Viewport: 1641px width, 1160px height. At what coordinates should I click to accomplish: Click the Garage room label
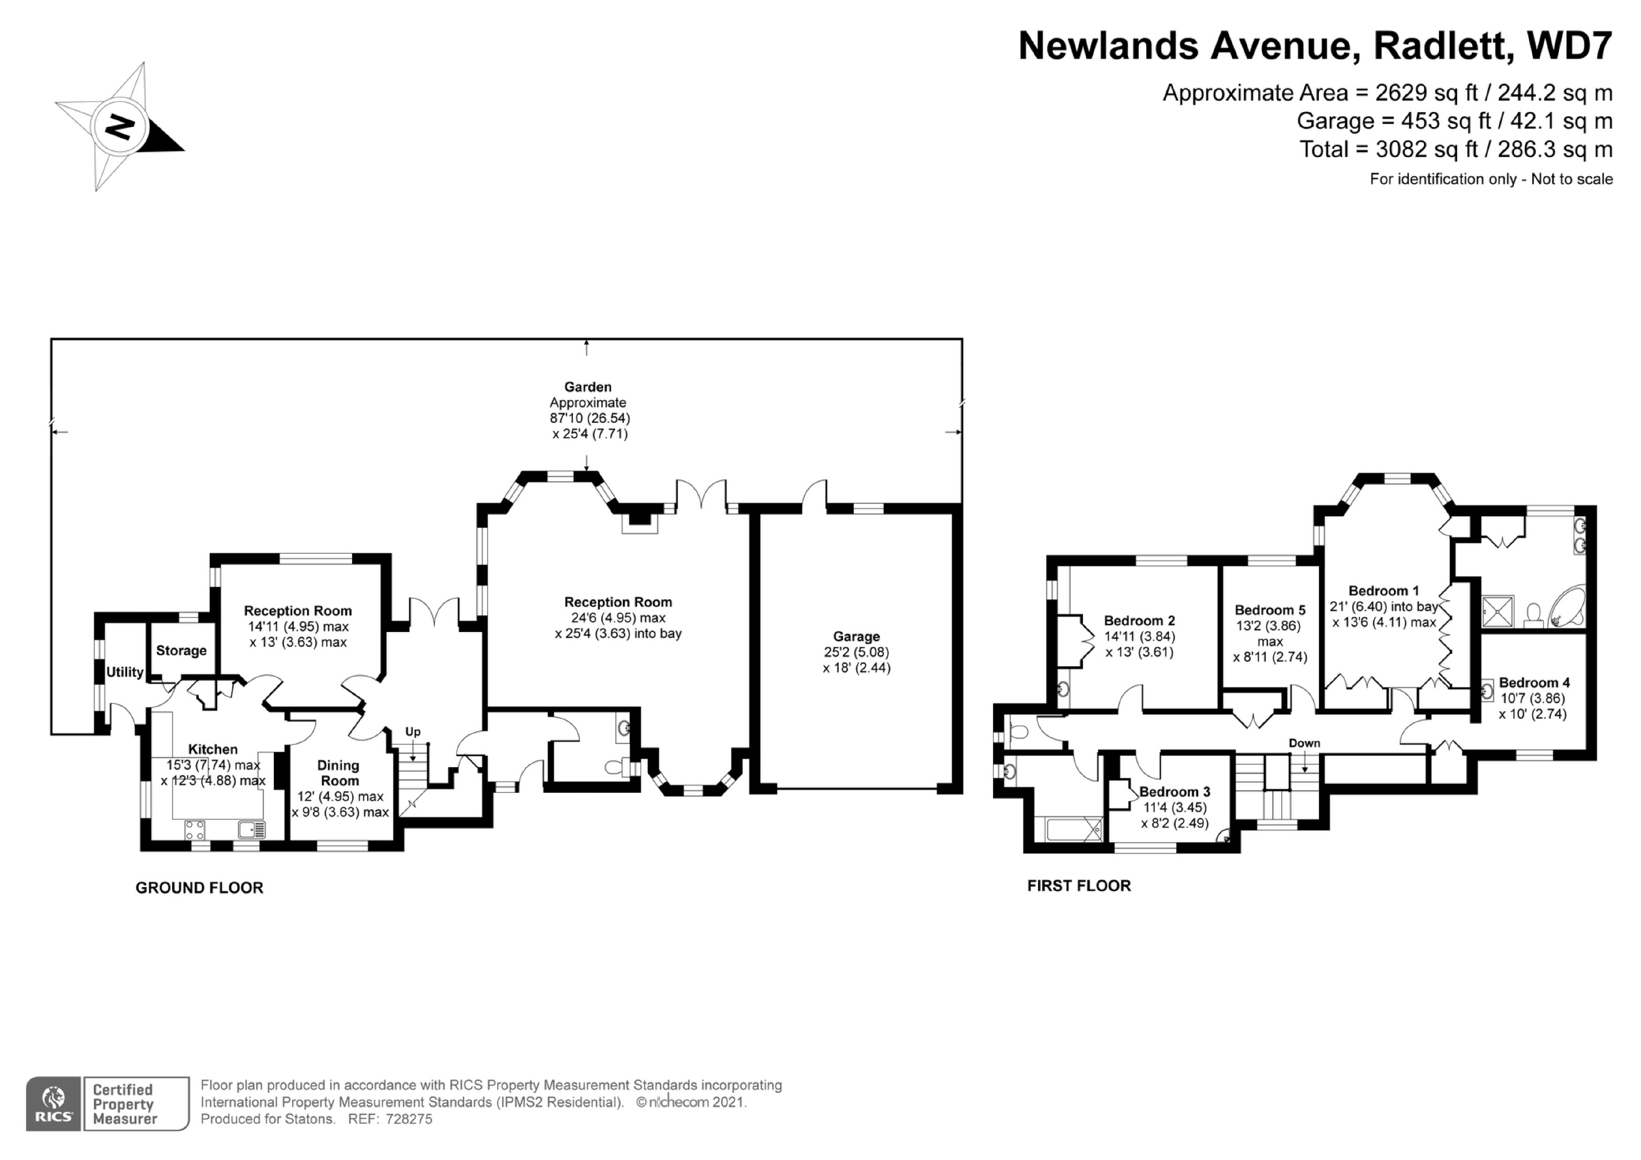pos(856,636)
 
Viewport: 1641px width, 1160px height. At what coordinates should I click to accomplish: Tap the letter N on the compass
pos(120,127)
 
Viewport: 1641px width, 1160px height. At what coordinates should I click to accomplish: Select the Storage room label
pos(181,650)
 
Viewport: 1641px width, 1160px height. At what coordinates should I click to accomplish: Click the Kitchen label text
pos(212,749)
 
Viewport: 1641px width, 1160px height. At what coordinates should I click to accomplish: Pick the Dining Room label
pos(339,773)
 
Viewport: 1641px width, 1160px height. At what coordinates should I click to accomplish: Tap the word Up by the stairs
pos(413,732)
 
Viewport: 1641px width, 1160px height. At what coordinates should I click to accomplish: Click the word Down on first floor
pos(1304,743)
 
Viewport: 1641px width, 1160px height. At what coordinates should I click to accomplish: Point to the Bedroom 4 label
pos(1534,683)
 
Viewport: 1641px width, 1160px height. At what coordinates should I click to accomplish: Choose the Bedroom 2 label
pos(1139,620)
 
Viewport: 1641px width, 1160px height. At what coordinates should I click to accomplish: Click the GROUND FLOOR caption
pos(199,888)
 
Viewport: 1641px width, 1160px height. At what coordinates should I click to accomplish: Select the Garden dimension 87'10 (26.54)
pos(590,418)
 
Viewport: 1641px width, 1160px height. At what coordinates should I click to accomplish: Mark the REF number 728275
pos(409,1119)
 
